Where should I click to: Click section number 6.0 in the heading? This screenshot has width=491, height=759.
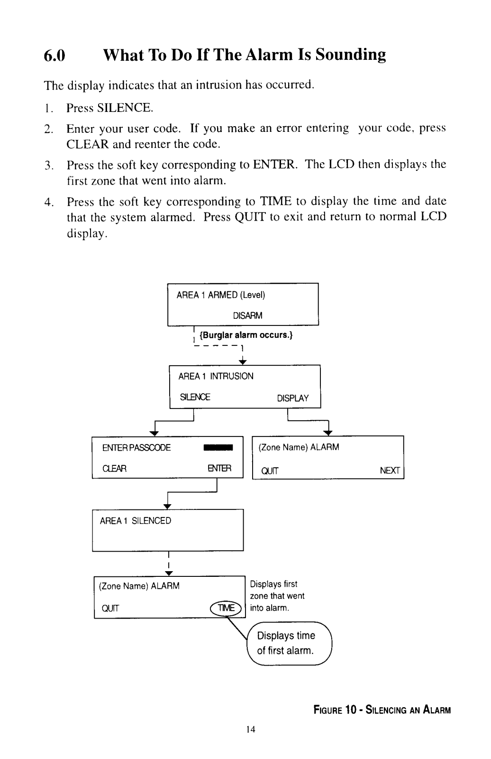(x=54, y=55)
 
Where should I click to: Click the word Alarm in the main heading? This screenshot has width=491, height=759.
(x=270, y=55)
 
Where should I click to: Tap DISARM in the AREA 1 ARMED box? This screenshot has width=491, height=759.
(x=247, y=315)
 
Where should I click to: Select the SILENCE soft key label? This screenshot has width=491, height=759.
(x=195, y=397)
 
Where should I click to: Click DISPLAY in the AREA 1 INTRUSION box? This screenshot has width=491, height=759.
(x=293, y=398)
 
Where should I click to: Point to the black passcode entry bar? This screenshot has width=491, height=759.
(x=218, y=448)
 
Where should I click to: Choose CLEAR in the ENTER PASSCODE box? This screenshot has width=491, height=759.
(x=114, y=468)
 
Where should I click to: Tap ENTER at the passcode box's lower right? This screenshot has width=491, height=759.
(x=219, y=468)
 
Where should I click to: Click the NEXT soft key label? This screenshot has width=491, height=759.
(x=390, y=470)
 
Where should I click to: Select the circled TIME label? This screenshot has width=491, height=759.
(x=226, y=608)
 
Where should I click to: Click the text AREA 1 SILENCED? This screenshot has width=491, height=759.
(x=136, y=520)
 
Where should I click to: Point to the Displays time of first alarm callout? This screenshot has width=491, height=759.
(x=290, y=643)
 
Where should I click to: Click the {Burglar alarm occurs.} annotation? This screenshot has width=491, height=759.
(x=246, y=335)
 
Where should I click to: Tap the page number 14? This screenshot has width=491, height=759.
(x=251, y=729)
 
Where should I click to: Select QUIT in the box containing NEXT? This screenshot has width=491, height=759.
(x=270, y=471)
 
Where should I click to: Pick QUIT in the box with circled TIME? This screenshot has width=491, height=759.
(x=110, y=609)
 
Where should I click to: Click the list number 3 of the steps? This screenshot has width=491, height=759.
(x=49, y=166)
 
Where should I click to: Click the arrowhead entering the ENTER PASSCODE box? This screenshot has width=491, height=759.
(x=155, y=434)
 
